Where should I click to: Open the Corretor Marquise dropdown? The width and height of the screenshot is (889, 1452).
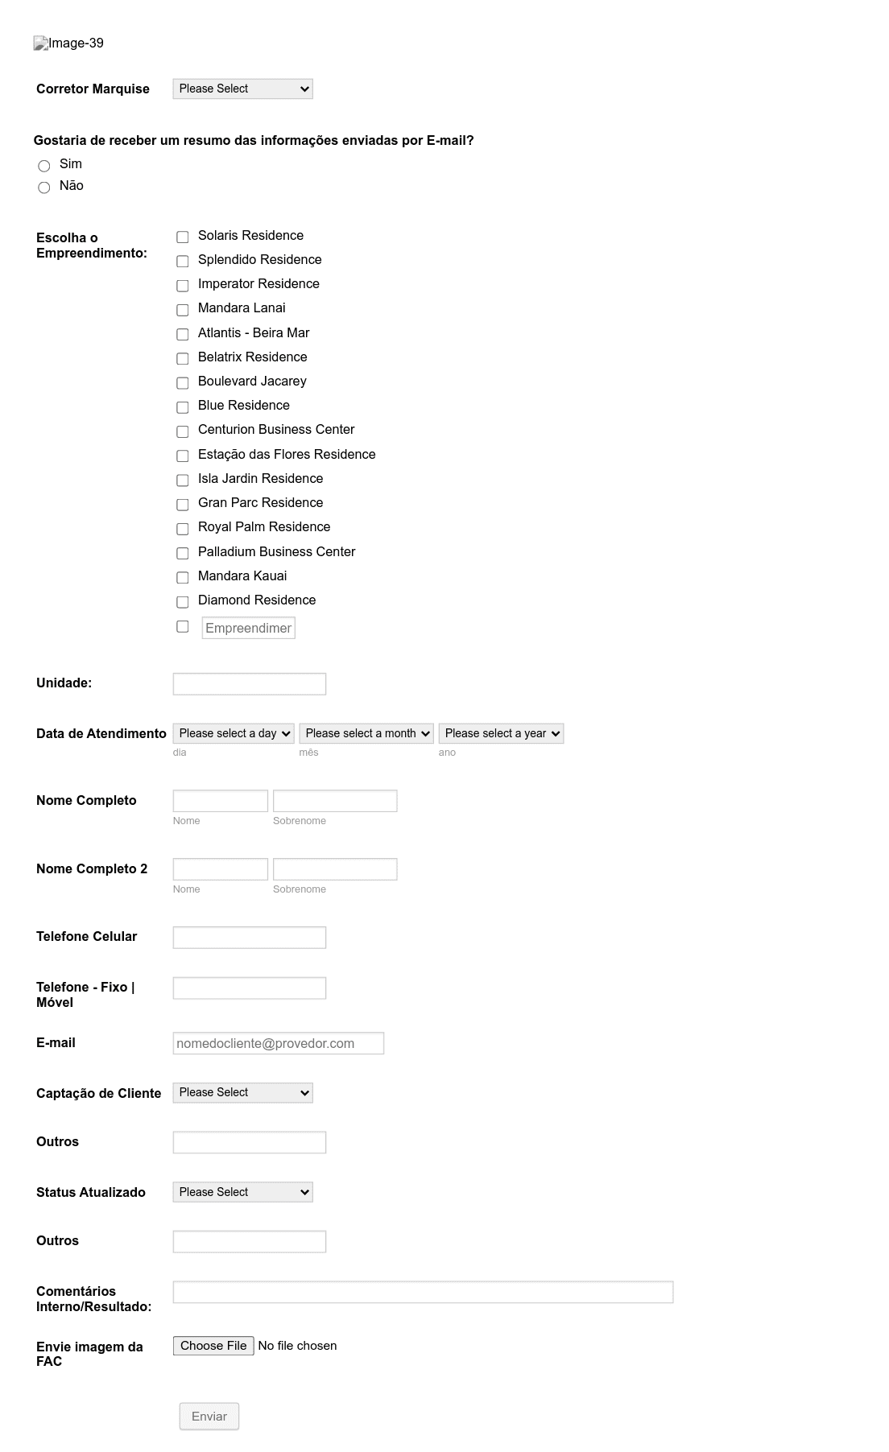coord(242,89)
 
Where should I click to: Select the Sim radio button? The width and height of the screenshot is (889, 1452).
coord(44,166)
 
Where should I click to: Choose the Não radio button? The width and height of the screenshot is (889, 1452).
coord(44,188)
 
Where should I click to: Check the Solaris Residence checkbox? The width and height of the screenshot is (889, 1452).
coord(183,237)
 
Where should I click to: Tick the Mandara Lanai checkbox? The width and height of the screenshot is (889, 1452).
coord(183,310)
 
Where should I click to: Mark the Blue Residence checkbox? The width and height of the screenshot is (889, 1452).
coord(183,407)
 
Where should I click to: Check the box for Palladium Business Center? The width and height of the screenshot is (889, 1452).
coord(183,553)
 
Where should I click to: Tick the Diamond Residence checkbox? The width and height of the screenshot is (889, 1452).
coord(183,602)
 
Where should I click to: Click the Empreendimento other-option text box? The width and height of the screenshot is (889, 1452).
coord(248,628)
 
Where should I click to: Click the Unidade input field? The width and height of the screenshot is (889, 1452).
coord(249,684)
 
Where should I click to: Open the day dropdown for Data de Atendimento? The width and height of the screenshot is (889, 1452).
coord(234,733)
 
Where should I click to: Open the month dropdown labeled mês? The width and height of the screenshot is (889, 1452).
coord(366,733)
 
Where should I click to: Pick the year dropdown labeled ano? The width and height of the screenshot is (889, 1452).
coord(501,733)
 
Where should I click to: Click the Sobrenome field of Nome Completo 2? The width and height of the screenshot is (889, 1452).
coord(335,869)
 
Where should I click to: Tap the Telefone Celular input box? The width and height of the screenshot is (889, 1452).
coord(249,938)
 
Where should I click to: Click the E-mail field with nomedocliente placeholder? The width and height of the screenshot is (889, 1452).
coord(278,1043)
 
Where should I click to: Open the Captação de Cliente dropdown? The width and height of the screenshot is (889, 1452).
coord(242,1093)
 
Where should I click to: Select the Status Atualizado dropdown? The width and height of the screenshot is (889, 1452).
coord(242,1192)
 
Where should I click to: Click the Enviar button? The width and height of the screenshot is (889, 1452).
coord(209,1416)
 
